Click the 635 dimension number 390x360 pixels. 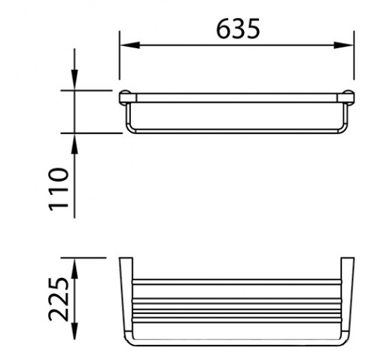(238, 29)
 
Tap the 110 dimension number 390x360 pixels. (58, 189)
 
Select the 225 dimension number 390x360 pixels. (58, 299)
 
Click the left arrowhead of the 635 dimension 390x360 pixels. (129, 45)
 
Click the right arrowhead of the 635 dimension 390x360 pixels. (343, 45)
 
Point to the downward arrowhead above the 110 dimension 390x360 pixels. (75, 80)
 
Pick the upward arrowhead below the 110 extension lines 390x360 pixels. (75, 143)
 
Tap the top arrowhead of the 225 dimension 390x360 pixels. (75, 268)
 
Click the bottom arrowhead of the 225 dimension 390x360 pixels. (75, 330)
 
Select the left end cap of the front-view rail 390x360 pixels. (128, 97)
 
